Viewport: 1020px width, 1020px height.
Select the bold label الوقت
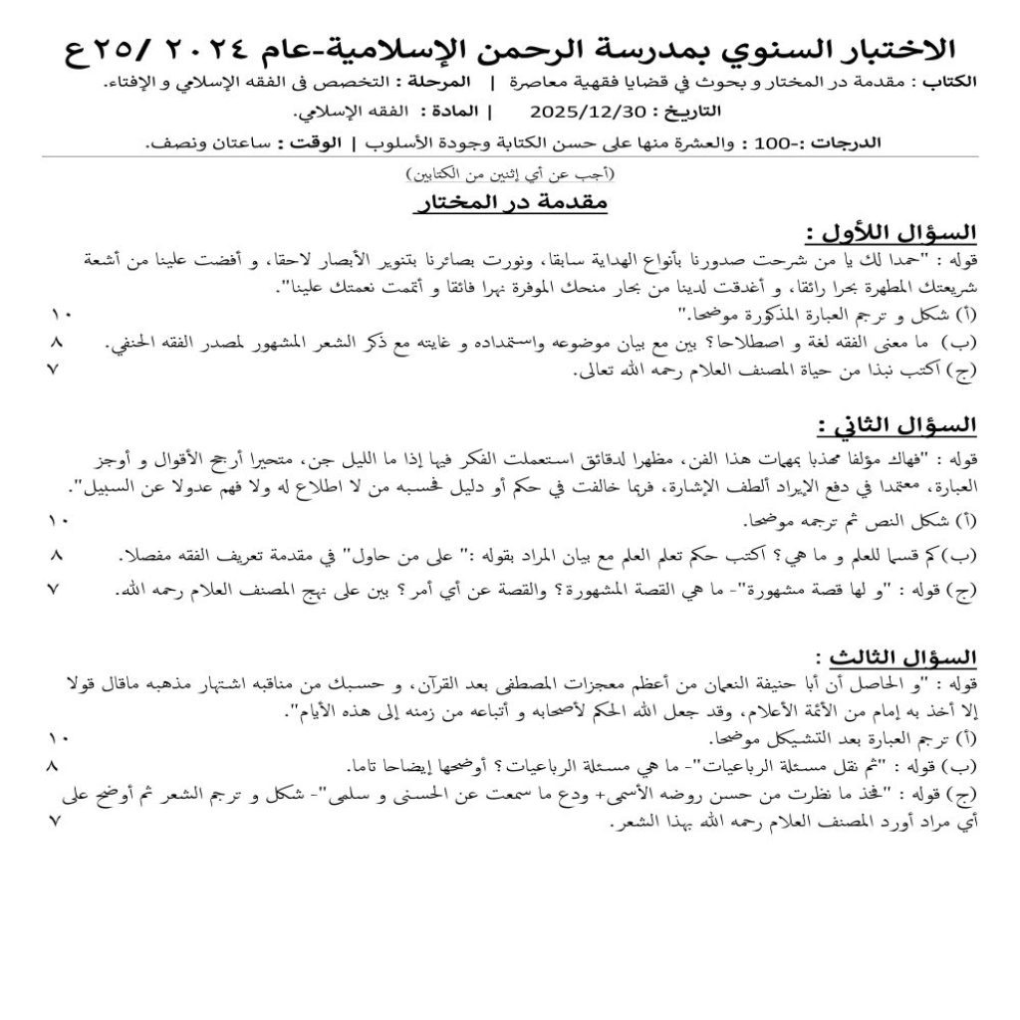(304, 143)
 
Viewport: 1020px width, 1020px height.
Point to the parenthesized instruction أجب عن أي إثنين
(510, 174)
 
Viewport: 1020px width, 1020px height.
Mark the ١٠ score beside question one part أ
(60, 316)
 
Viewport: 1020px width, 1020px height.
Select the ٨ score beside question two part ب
(56, 554)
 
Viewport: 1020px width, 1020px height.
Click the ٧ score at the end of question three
(56, 822)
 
